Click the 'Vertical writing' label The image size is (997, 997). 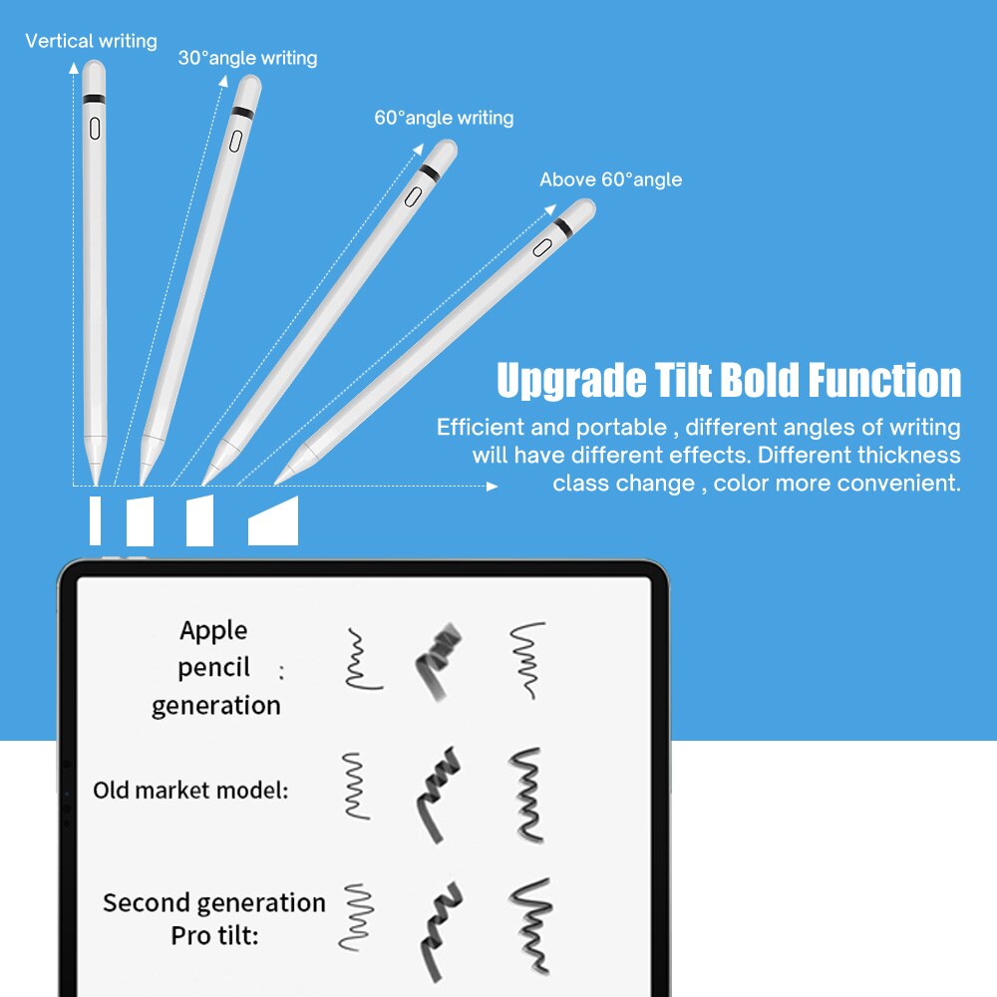(x=91, y=41)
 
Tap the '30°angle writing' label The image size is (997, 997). (x=247, y=58)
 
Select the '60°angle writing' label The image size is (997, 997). (x=444, y=118)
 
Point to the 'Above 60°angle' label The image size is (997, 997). (x=610, y=179)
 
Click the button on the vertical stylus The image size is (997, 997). (x=95, y=129)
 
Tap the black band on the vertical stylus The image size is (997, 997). (x=95, y=99)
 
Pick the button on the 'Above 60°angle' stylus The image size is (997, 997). (x=542, y=246)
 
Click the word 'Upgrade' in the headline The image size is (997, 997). (x=558, y=381)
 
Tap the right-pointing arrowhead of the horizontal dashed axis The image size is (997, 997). (x=492, y=487)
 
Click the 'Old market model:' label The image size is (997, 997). (x=190, y=791)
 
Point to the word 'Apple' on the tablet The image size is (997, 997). (x=213, y=630)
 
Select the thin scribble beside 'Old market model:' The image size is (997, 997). (x=355, y=786)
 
